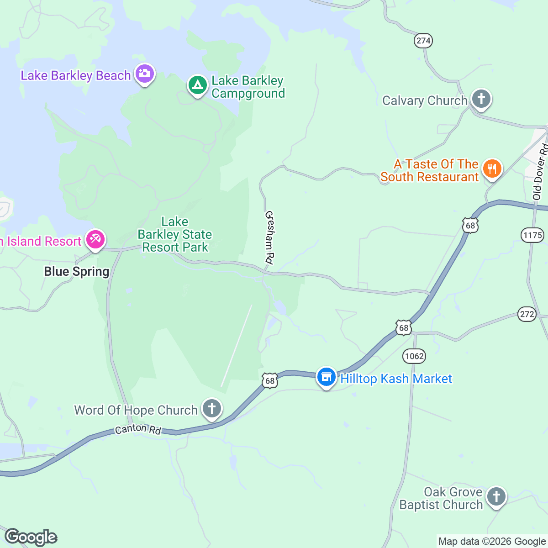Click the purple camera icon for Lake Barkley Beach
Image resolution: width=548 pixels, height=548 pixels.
pyautogui.click(x=144, y=74)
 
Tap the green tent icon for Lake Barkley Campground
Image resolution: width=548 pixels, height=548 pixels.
pyautogui.click(x=197, y=85)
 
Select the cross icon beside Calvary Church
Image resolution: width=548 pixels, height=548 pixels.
pyautogui.click(x=481, y=99)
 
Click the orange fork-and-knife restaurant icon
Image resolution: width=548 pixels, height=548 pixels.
pyautogui.click(x=492, y=169)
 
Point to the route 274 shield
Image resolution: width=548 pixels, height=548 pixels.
pyautogui.click(x=423, y=41)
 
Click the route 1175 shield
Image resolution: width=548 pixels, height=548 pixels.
pyautogui.click(x=532, y=235)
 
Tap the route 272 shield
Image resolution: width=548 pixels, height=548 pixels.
pyautogui.click(x=527, y=314)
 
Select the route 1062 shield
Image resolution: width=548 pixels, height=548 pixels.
pyautogui.click(x=414, y=356)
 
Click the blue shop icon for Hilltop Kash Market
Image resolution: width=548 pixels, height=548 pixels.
pyautogui.click(x=326, y=377)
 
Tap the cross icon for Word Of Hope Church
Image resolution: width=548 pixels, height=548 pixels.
pyautogui.click(x=211, y=408)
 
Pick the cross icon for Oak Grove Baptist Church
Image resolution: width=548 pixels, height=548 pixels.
pyautogui.click(x=496, y=496)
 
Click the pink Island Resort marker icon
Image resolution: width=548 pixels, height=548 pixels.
pyautogui.click(x=95, y=239)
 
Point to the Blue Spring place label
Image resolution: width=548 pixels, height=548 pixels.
pyautogui.click(x=77, y=272)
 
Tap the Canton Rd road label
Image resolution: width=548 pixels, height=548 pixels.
pyautogui.click(x=138, y=429)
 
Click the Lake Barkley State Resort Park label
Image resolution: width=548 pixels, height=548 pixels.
pyautogui.click(x=175, y=235)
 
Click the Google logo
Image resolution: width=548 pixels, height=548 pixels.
pyautogui.click(x=31, y=537)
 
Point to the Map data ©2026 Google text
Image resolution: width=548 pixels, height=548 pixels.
pyautogui.click(x=492, y=542)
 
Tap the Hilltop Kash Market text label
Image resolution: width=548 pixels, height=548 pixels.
pyautogui.click(x=396, y=379)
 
